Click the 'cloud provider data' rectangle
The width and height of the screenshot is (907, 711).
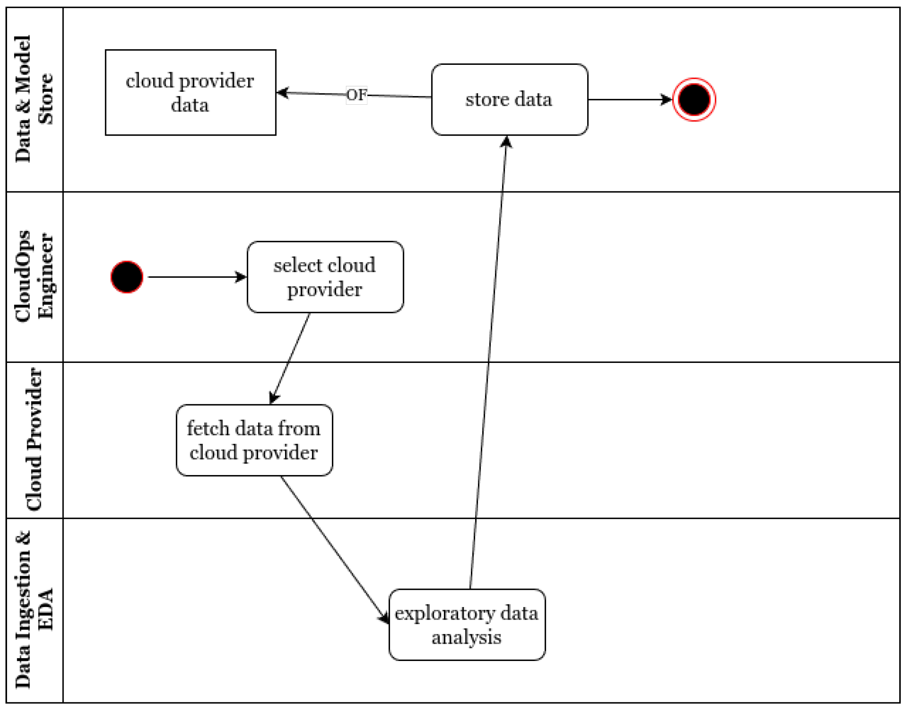point(191,93)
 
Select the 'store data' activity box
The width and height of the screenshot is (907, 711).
point(509,100)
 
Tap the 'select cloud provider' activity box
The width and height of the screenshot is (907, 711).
point(325,277)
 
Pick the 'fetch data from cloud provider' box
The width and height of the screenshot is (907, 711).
point(254,440)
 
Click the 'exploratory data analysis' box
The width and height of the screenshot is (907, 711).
point(467,625)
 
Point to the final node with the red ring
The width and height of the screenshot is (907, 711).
point(694,100)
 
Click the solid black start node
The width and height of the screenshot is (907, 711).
point(127,277)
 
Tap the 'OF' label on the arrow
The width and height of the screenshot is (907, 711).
point(356,95)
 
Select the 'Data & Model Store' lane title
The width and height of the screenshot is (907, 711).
point(34,99)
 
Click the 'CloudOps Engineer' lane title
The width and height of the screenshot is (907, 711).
point(34,277)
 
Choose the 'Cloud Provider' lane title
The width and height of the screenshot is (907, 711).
point(34,439)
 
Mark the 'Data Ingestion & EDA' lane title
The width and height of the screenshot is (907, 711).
point(34,610)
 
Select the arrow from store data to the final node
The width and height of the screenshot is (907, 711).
point(628,100)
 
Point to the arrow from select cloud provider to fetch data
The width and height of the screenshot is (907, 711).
point(290,358)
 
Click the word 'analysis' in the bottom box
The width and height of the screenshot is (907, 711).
point(467,637)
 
